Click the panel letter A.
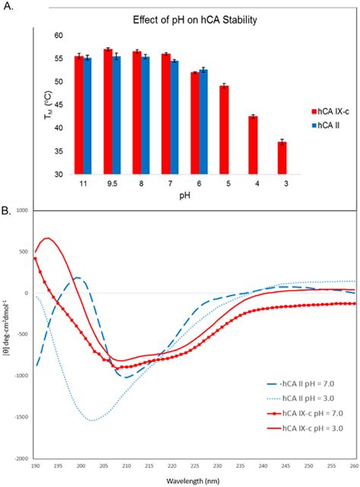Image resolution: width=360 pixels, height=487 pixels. coord(7,8)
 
